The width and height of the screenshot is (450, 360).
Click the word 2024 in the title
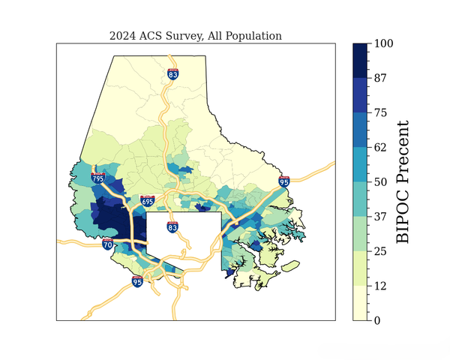click(122, 35)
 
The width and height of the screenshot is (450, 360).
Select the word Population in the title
click(255, 35)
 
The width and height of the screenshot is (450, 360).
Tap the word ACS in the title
click(151, 35)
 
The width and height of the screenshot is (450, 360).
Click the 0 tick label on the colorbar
click(379, 320)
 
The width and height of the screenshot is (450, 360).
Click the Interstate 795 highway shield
click(97, 178)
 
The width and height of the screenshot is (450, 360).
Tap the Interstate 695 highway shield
click(147, 201)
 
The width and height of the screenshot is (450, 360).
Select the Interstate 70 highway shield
click(108, 244)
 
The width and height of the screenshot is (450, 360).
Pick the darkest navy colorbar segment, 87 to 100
click(361, 60)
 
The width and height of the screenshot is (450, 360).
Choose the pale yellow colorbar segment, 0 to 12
click(361, 303)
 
